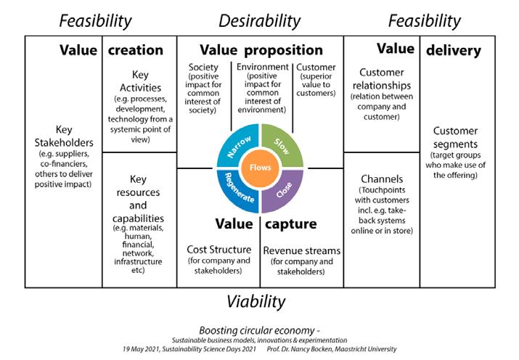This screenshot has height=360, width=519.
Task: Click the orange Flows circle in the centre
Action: [259, 168]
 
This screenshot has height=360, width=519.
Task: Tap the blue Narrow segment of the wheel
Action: [237, 145]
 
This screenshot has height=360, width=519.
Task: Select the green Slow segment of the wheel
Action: [282, 146]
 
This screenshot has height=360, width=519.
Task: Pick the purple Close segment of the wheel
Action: [282, 190]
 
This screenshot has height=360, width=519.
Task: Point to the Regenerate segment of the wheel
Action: [237, 191]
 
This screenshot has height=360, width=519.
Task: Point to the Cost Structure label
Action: [218, 249]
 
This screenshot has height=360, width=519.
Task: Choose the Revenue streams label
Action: [301, 250]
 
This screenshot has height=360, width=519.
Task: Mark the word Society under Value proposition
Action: [203, 67]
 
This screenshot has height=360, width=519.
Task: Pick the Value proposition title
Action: [261, 50]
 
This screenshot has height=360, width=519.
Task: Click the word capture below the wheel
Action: [290, 224]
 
